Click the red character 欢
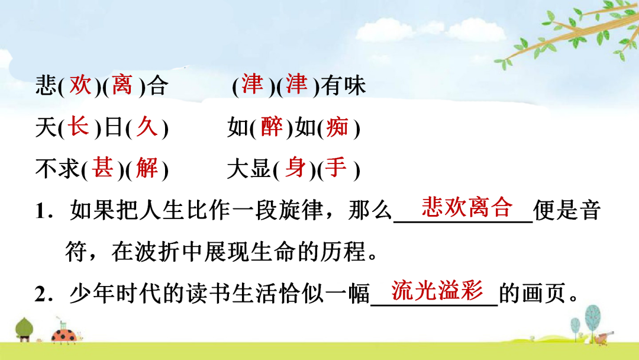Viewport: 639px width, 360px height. (80, 85)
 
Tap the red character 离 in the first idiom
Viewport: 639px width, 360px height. (122, 85)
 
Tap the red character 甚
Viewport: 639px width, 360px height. (102, 168)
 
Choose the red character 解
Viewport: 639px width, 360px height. (147, 168)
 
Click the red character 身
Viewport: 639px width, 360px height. (295, 168)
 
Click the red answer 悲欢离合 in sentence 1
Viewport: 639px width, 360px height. (467, 207)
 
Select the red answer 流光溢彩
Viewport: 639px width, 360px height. (437, 290)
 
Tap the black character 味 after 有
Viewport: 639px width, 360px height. (354, 86)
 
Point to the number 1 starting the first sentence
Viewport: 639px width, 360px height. (40, 211)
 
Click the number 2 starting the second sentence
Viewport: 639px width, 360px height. (40, 294)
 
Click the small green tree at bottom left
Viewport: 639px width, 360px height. (24, 329)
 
